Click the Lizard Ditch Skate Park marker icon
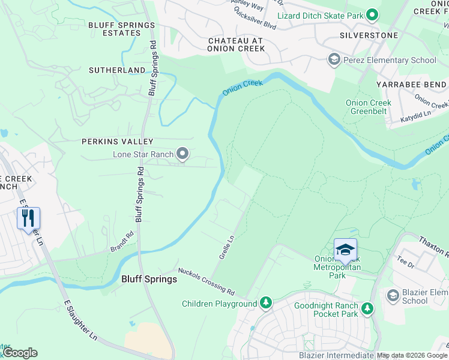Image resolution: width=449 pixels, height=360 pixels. pyautogui.click(x=372, y=14)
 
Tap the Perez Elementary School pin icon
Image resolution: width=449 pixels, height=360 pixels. pyautogui.click(x=333, y=59)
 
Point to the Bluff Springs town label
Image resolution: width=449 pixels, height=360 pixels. pyautogui.click(x=149, y=279)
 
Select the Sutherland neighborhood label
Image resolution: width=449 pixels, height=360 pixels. pyautogui.click(x=117, y=70)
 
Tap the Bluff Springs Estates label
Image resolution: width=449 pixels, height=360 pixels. pyautogui.click(x=122, y=29)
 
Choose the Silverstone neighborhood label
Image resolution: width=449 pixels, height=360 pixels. pyautogui.click(x=369, y=35)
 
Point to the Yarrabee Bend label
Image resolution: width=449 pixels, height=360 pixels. pyautogui.click(x=411, y=85)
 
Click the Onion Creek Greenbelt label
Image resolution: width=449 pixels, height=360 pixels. pyautogui.click(x=369, y=107)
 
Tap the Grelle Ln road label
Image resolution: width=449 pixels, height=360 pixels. pyautogui.click(x=226, y=247)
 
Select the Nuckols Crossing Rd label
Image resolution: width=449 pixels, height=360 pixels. pyautogui.click(x=206, y=282)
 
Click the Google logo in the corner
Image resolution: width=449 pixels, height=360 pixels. pyautogui.click(x=20, y=353)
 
